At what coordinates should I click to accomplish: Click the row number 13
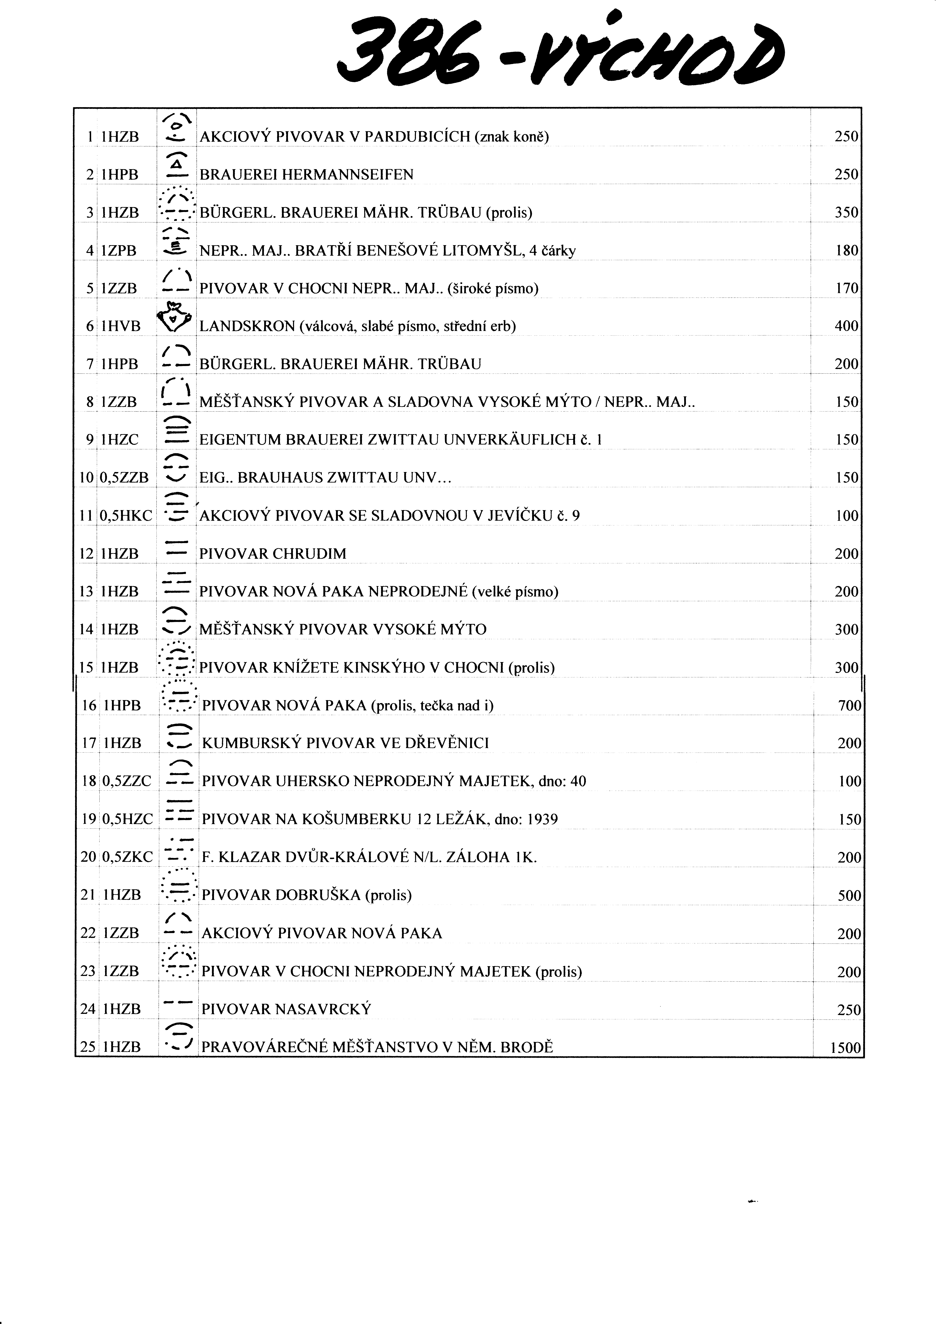coord(86,592)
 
